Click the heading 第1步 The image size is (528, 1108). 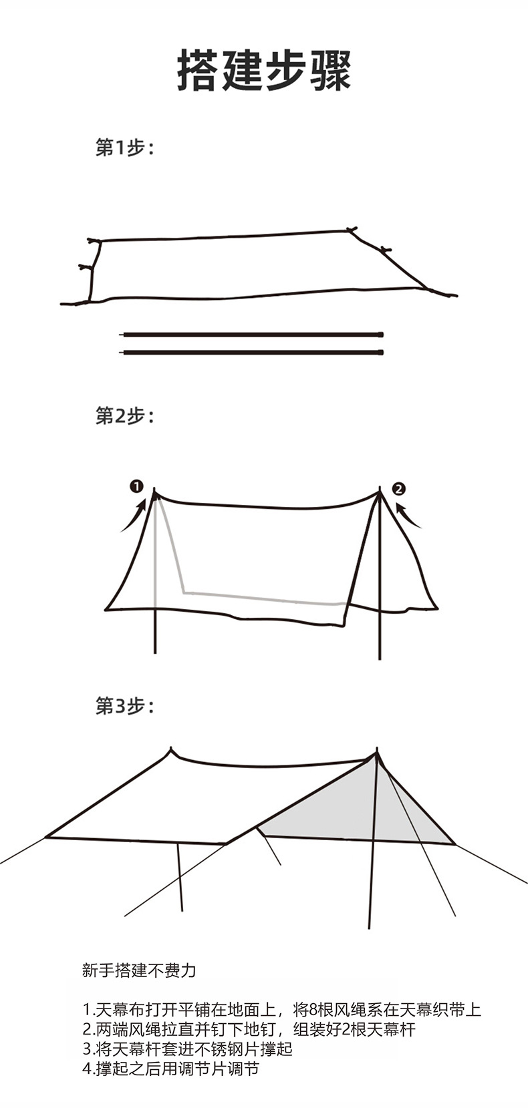(125, 148)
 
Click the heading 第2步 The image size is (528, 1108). (125, 416)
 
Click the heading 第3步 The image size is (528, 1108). (125, 705)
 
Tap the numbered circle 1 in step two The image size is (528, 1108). (136, 486)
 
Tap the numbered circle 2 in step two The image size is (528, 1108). (399, 488)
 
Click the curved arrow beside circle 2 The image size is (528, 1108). (408, 515)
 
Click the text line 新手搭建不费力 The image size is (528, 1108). (139, 970)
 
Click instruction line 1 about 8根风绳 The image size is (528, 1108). (281, 1009)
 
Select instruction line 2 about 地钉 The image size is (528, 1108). (249, 1029)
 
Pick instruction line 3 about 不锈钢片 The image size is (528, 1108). (187, 1049)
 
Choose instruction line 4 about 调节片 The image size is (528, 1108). (170, 1069)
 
